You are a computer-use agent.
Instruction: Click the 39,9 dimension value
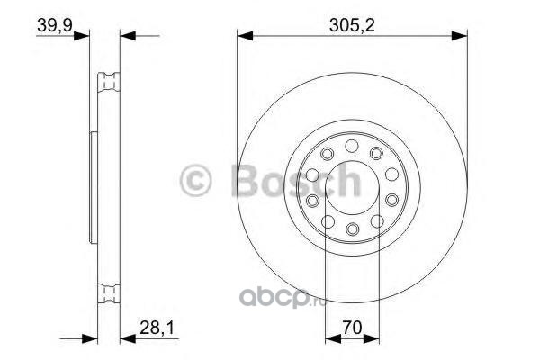click(54, 25)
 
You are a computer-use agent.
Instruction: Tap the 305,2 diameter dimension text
click(352, 25)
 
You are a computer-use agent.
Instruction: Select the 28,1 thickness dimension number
click(157, 328)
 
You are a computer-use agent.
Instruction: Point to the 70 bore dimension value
click(352, 328)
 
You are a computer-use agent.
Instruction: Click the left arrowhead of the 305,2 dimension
click(245, 36)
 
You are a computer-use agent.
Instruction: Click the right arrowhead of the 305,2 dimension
click(459, 36)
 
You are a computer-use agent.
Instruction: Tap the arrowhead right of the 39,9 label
click(82, 36)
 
